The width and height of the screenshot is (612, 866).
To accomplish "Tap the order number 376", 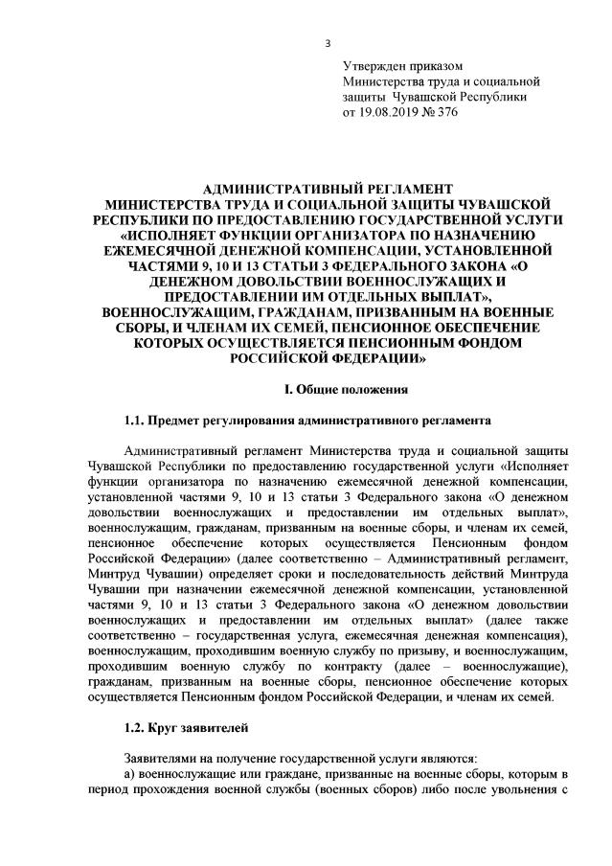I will coord(446,112).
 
